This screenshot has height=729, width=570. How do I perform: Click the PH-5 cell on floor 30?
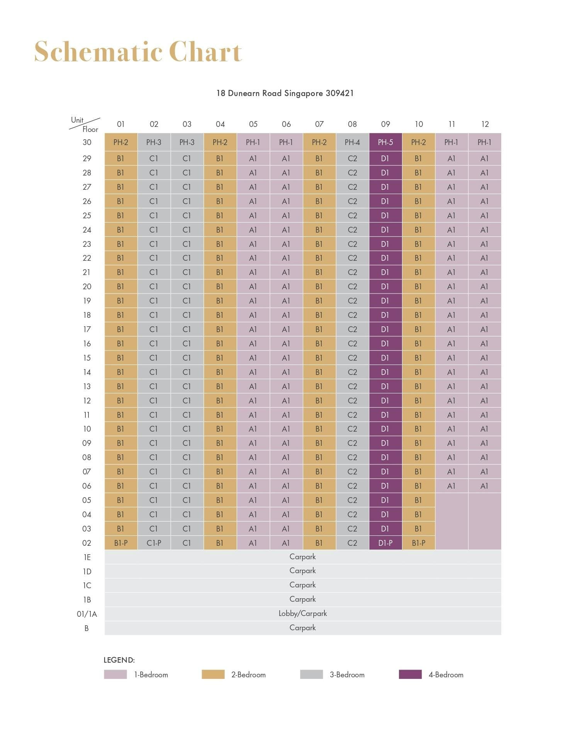[385, 142]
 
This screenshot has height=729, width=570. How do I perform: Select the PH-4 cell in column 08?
[352, 142]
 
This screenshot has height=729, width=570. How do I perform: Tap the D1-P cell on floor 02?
[385, 543]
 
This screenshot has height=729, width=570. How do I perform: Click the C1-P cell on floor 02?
[154, 543]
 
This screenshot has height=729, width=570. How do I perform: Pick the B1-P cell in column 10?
[419, 543]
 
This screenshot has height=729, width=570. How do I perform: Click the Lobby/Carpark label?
[303, 613]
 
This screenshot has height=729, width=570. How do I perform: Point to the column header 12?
[485, 124]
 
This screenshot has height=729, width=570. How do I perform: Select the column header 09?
[385, 124]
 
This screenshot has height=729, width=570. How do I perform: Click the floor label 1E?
[87, 557]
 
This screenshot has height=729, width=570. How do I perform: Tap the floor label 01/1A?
[87, 614]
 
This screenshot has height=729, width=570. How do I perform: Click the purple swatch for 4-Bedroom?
[410, 674]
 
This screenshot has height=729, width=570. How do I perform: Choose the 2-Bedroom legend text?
[248, 675]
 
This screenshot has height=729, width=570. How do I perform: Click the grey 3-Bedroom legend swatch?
[311, 674]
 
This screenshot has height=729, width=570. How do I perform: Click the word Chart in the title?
[205, 51]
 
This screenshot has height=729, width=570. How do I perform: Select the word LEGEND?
[119, 660]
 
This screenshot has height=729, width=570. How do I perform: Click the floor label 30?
[87, 142]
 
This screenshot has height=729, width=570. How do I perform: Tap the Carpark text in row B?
[303, 628]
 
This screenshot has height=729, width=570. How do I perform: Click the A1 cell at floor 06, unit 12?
[484, 486]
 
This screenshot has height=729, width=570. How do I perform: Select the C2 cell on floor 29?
[352, 159]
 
